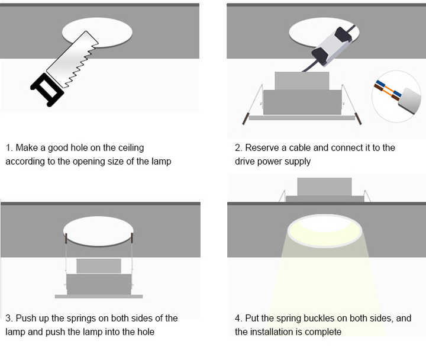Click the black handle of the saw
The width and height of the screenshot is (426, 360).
pyautogui.click(x=47, y=90)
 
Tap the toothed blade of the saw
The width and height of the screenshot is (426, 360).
pyautogui.click(x=73, y=59)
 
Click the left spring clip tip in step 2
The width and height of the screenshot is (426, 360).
pyautogui.click(x=246, y=119)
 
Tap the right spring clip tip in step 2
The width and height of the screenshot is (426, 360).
pyautogui.click(x=359, y=119)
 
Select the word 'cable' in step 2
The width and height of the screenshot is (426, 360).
pyautogui.click(x=299, y=147)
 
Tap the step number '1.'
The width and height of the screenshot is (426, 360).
pyautogui.click(x=9, y=147)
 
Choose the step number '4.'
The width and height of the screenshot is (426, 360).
pyautogui.click(x=238, y=318)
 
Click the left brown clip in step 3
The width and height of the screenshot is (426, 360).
pyautogui.click(x=66, y=237)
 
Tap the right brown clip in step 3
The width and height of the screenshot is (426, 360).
pyautogui.click(x=132, y=237)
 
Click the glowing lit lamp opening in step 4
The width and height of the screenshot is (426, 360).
pyautogui.click(x=324, y=230)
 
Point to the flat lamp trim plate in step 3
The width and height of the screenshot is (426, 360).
pyautogui.click(x=99, y=297)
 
